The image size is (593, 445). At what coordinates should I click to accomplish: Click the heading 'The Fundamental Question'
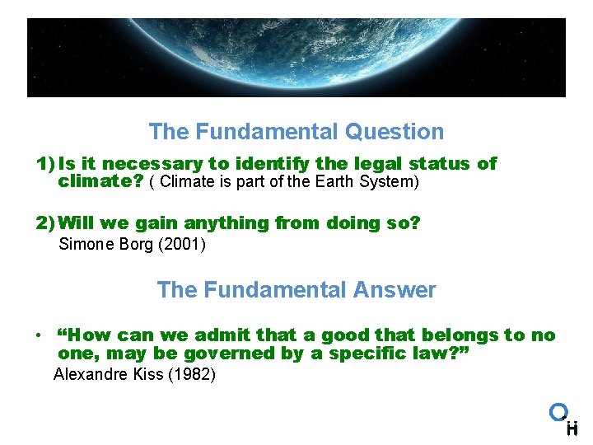(296, 132)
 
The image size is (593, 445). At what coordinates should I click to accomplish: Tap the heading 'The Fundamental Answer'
(296, 290)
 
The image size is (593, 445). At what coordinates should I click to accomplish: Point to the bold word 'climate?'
(101, 180)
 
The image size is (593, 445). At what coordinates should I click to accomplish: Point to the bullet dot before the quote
(39, 336)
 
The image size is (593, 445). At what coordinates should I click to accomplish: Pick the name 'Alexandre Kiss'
(107, 375)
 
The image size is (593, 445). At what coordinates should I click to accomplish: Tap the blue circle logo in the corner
(559, 411)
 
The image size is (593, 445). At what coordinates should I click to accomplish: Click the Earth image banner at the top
(296, 58)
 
